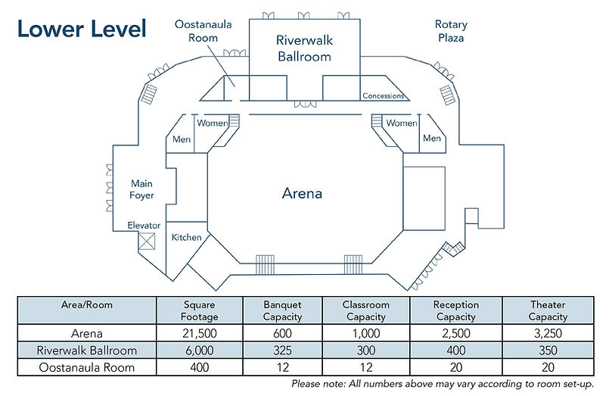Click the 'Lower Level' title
[82, 29]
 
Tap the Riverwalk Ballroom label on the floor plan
[304, 48]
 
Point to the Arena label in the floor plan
[302, 193]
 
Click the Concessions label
[384, 95]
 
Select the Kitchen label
[186, 237]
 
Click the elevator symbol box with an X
[147, 241]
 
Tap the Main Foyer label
[141, 189]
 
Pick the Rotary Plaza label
[451, 31]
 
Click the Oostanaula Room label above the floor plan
[203, 31]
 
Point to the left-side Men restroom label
[182, 139]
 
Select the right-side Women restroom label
[402, 123]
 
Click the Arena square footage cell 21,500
[199, 333]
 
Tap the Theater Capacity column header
[548, 310]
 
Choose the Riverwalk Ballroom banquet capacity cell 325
[282, 350]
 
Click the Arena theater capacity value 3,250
[548, 333]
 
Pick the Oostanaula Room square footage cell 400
[199, 367]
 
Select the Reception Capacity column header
[455, 310]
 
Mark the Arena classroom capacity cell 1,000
[365, 333]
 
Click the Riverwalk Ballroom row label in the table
[87, 350]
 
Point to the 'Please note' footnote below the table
[443, 383]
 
